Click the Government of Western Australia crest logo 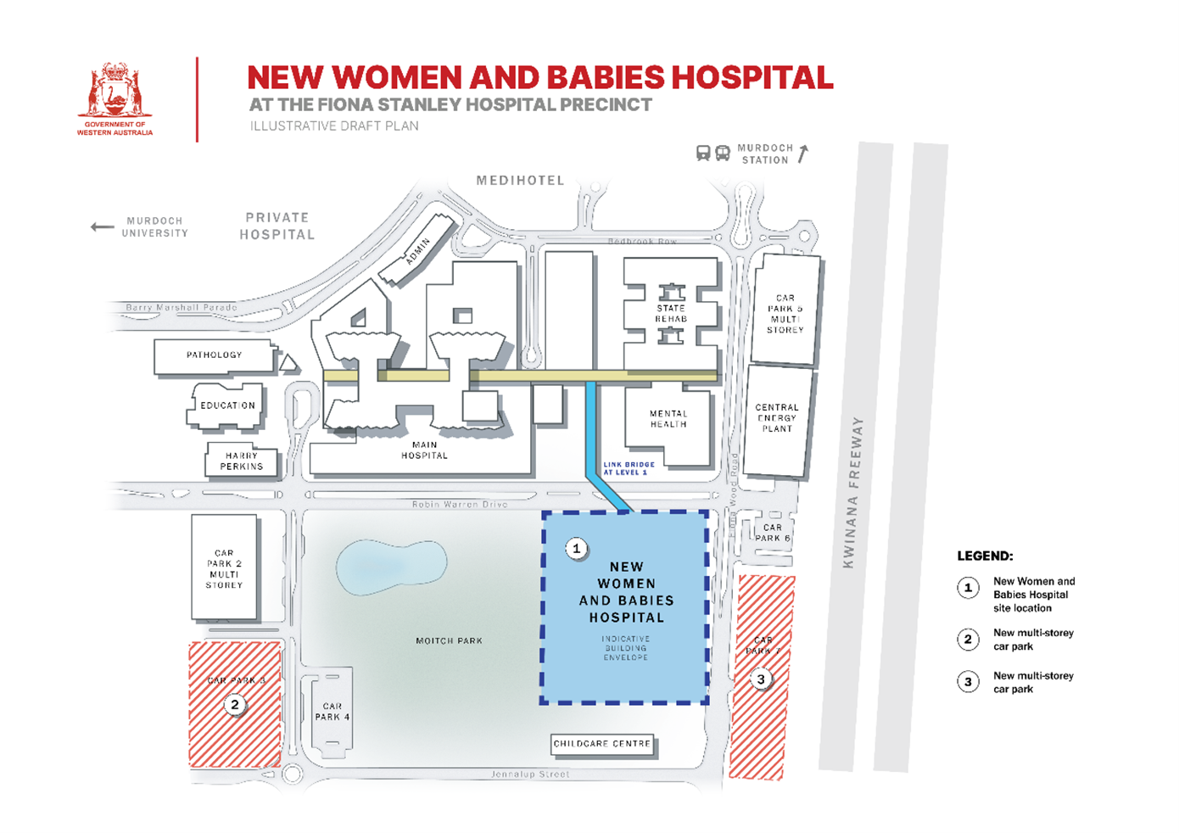[x=115, y=92]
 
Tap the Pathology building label [x=214, y=355]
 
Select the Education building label [x=227, y=405]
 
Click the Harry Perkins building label [x=242, y=461]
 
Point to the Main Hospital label [x=424, y=450]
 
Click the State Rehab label [x=671, y=314]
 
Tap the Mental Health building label [x=668, y=419]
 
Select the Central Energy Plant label [x=777, y=418]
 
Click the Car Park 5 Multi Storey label [x=785, y=314]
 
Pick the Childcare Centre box [x=602, y=744]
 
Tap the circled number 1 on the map [x=577, y=549]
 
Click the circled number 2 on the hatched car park [x=235, y=705]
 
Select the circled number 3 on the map [x=761, y=679]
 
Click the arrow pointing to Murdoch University [x=103, y=226]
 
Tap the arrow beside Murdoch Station [x=802, y=154]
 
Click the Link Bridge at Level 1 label [x=629, y=468]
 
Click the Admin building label [x=418, y=251]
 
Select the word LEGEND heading [x=985, y=556]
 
